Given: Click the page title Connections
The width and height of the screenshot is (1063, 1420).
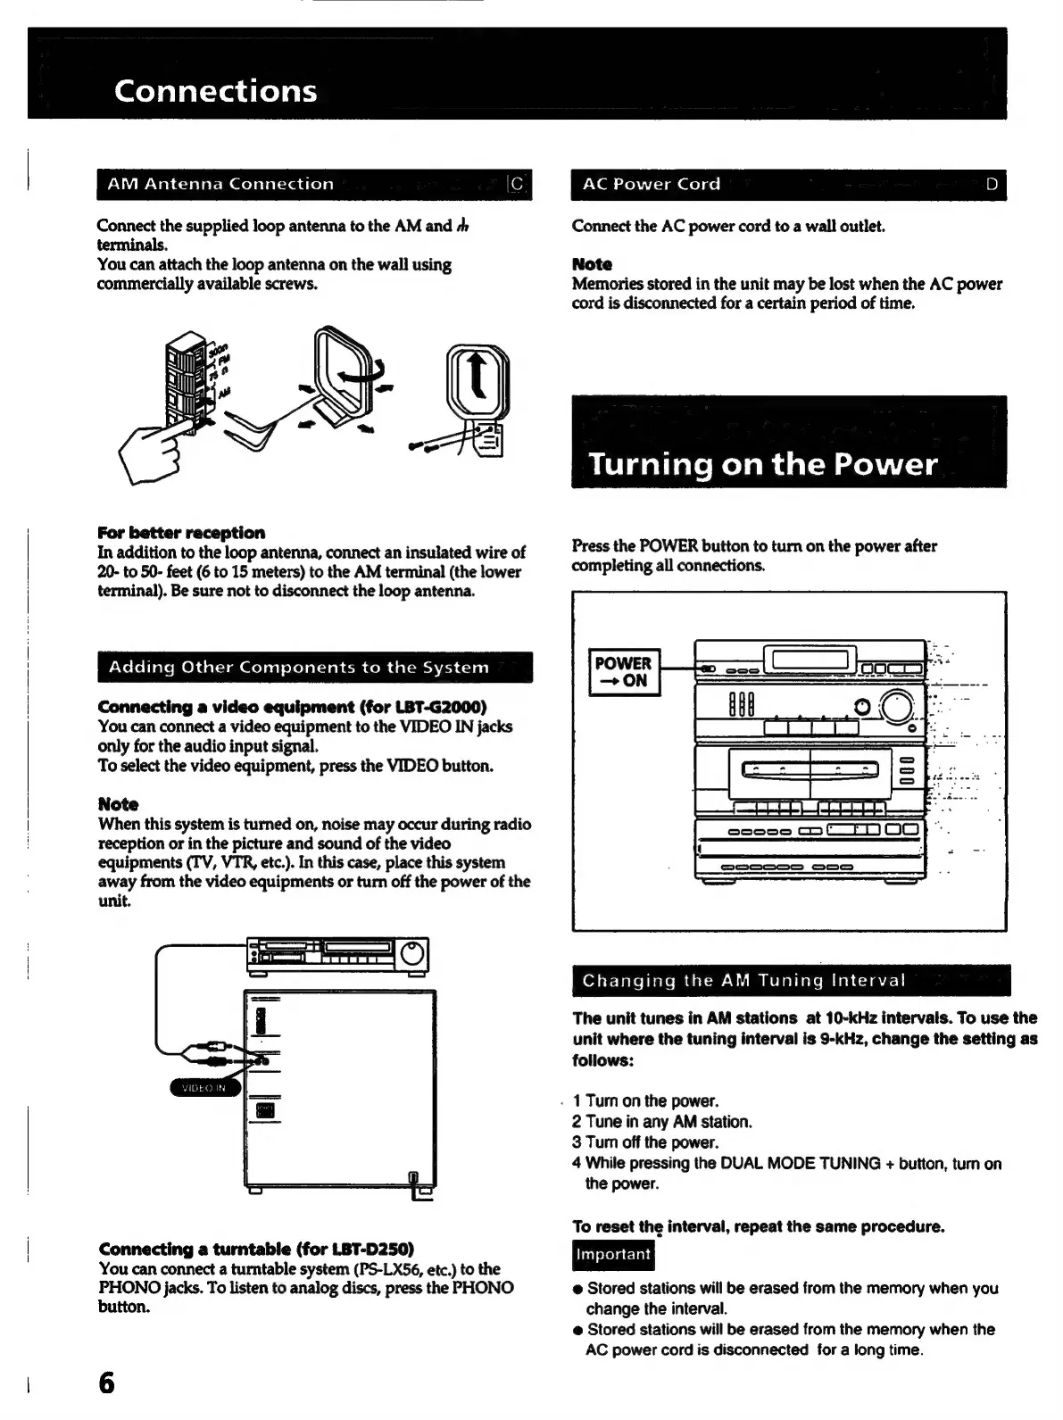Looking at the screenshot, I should point(215,91).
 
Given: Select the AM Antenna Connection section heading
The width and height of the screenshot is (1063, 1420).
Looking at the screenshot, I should point(220,185).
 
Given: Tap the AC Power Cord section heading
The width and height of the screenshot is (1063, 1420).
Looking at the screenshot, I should point(651,185).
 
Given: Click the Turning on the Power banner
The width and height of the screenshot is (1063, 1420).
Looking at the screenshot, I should point(762,464).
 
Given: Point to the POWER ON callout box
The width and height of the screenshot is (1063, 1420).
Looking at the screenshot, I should point(624,672).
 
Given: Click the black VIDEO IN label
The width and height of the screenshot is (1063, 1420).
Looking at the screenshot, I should point(204,1088).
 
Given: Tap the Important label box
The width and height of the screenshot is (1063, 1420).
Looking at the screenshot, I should point(613,1254).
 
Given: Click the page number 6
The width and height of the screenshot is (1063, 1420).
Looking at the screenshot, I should point(106,1383).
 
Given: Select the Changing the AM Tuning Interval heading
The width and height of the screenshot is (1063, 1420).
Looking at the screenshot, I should point(743,981).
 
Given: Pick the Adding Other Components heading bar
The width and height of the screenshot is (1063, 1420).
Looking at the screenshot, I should point(299,668).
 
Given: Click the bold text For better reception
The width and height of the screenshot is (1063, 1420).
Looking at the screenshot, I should point(181,533).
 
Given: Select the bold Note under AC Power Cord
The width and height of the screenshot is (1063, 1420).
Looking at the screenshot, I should point(592,264).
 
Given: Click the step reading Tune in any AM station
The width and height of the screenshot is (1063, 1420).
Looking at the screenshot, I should point(662,1122).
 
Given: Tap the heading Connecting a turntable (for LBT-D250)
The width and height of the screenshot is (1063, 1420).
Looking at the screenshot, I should point(256,1249).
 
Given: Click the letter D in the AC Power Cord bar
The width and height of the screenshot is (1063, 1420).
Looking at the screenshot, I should point(992,185).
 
